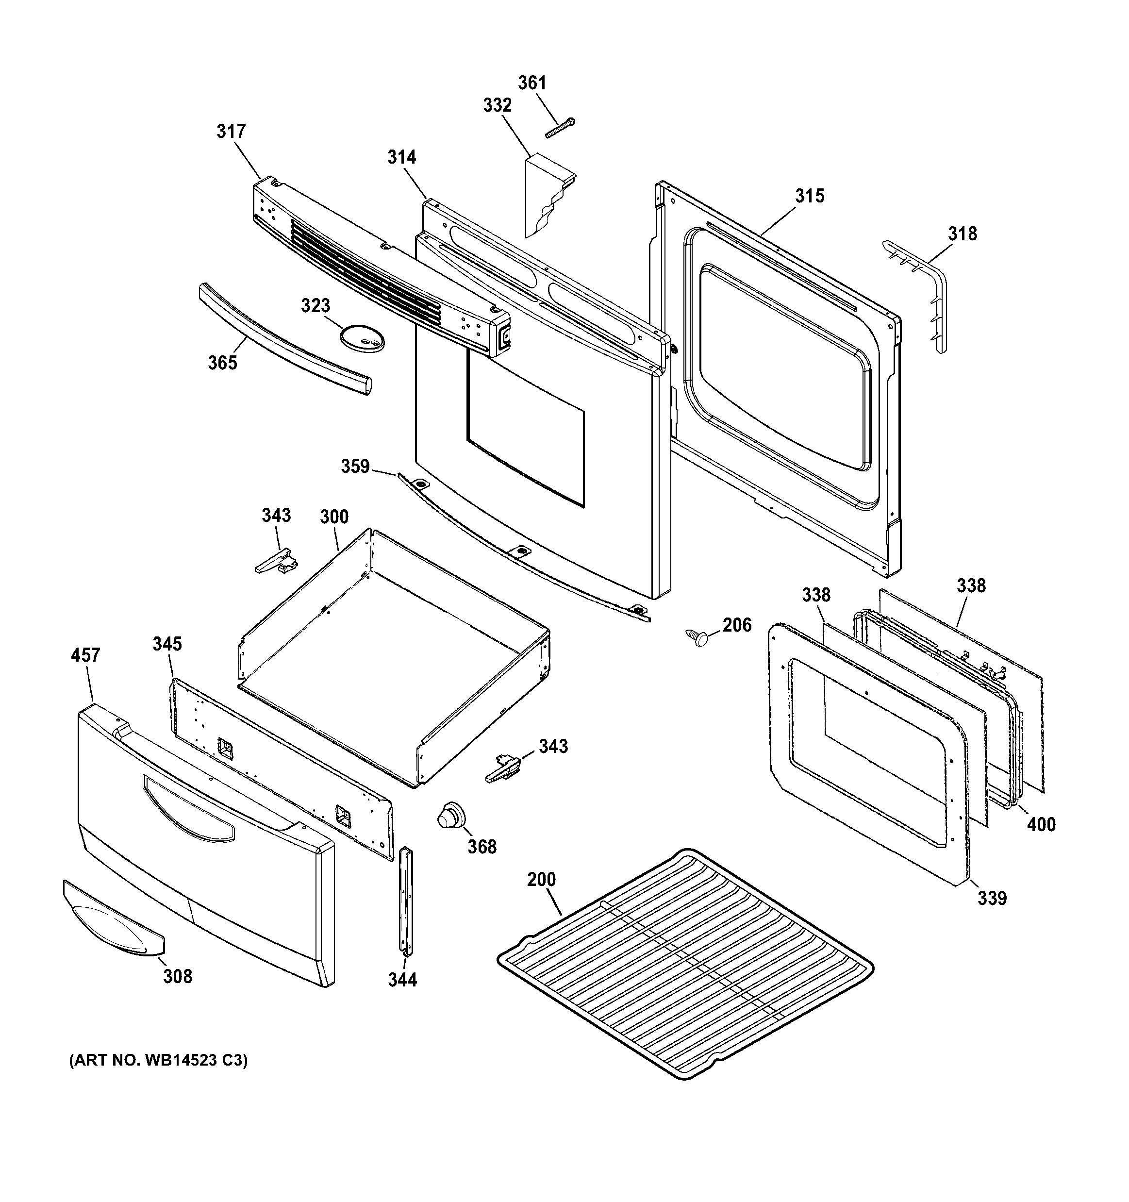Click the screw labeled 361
pos(560,128)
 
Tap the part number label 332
pos(497,105)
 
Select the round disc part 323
pos(362,337)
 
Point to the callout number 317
pos(232,131)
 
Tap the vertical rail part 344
pos(404,901)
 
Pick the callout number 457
pos(85,655)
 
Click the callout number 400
pos(1041,824)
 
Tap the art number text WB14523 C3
pos(158,1061)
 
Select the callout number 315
pos(809,196)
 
